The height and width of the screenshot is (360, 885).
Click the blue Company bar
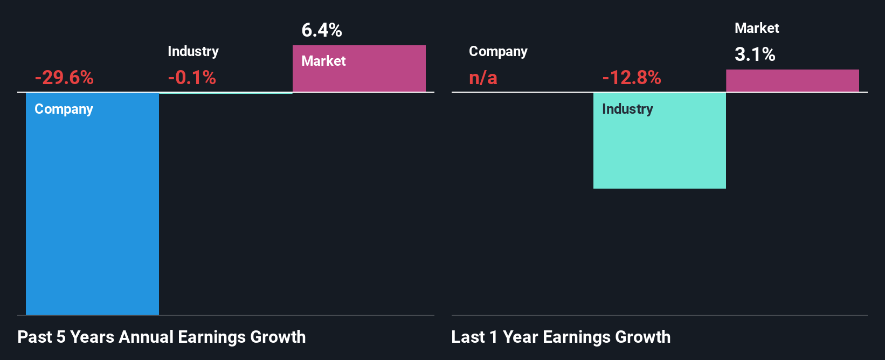point(92,216)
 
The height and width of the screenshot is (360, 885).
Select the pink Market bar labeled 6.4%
point(359,75)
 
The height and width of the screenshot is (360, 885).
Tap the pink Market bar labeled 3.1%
point(792,81)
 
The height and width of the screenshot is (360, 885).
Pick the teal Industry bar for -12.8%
point(659,151)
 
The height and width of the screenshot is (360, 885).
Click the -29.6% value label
point(64,78)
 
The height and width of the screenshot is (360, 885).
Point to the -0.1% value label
point(192,78)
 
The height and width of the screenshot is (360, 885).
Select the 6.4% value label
point(322,30)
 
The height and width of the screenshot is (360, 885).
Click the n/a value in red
point(483,78)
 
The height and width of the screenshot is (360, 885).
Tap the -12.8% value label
point(632,78)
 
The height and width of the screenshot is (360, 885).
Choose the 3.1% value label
point(755,54)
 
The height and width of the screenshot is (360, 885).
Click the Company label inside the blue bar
point(64,109)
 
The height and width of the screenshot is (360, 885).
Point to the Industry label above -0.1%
point(193,52)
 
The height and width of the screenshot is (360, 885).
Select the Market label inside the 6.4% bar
point(323,61)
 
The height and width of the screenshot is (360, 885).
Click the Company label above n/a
point(498,52)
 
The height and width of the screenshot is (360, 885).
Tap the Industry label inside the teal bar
point(627,109)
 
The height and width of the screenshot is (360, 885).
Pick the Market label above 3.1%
point(757,28)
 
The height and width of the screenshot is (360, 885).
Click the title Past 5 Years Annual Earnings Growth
point(162,337)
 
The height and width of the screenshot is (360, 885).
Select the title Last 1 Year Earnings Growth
point(561,337)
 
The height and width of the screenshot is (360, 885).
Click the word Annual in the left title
point(146,337)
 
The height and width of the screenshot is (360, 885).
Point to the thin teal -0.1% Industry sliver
point(226,93)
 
